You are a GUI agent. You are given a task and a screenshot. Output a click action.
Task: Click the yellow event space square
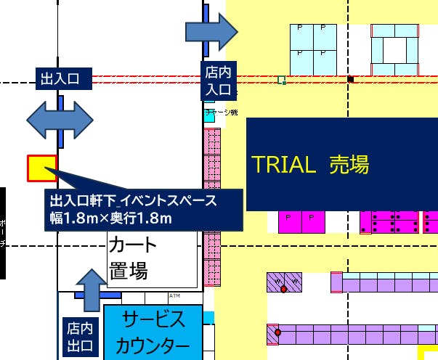point(41,168)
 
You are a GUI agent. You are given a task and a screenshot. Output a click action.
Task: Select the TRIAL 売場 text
point(310,165)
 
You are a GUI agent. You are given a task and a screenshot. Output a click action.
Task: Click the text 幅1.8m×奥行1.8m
point(111,218)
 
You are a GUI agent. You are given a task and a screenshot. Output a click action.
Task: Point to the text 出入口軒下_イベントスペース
point(133,200)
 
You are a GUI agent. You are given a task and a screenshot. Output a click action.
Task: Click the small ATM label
point(174,296)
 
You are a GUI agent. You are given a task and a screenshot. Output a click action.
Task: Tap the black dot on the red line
point(350,78)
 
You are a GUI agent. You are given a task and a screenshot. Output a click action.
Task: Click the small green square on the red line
point(282,79)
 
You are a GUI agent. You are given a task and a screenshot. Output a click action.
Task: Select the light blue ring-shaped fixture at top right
point(396,48)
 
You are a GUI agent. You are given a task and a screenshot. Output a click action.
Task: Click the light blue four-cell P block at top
point(313,48)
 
